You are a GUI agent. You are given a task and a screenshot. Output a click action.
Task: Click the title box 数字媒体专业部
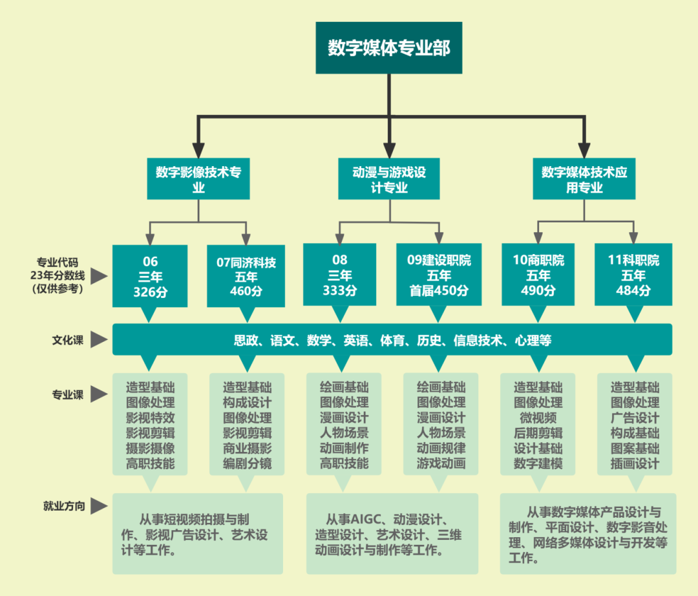[x=389, y=48]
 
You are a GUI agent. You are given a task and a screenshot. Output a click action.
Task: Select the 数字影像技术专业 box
[x=198, y=180]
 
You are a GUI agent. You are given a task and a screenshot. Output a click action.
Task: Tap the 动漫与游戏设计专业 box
[x=389, y=180]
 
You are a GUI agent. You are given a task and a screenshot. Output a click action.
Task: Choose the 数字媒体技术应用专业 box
[x=584, y=180]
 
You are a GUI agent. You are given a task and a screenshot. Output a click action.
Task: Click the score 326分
[x=150, y=291]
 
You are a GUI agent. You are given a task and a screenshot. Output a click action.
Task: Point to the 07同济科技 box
[x=246, y=262]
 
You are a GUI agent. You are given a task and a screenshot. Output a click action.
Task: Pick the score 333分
[x=340, y=290]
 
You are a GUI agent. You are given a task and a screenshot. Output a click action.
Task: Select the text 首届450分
[x=439, y=290]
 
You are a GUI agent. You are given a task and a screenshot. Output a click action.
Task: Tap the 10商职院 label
[x=538, y=261]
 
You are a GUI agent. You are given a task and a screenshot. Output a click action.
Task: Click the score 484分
[x=633, y=290]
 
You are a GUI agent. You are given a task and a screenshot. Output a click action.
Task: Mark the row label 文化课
[x=68, y=340]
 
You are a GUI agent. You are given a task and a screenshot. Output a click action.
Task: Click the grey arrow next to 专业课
[x=99, y=394]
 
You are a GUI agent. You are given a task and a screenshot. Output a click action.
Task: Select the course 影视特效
[x=151, y=418]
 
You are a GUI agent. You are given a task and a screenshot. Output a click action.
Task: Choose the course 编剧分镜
[x=248, y=463]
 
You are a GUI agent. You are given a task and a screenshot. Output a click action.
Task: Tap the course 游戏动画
[x=441, y=463]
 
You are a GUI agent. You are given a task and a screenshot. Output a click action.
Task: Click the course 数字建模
[x=538, y=463]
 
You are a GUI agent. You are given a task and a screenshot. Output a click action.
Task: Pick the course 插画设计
[x=635, y=463]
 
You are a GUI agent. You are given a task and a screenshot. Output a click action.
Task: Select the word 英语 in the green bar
[x=356, y=340]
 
